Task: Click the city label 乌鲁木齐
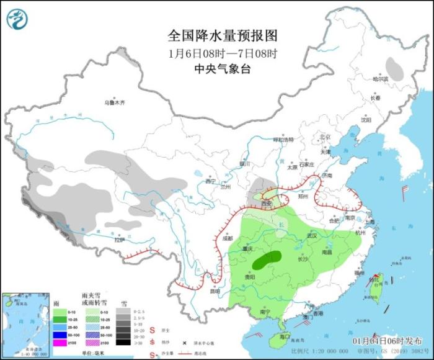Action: (114, 102)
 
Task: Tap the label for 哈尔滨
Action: (379, 79)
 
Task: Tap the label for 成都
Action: (227, 238)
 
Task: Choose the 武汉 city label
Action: (312, 236)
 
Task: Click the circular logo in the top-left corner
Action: (18, 19)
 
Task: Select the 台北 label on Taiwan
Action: (373, 280)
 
